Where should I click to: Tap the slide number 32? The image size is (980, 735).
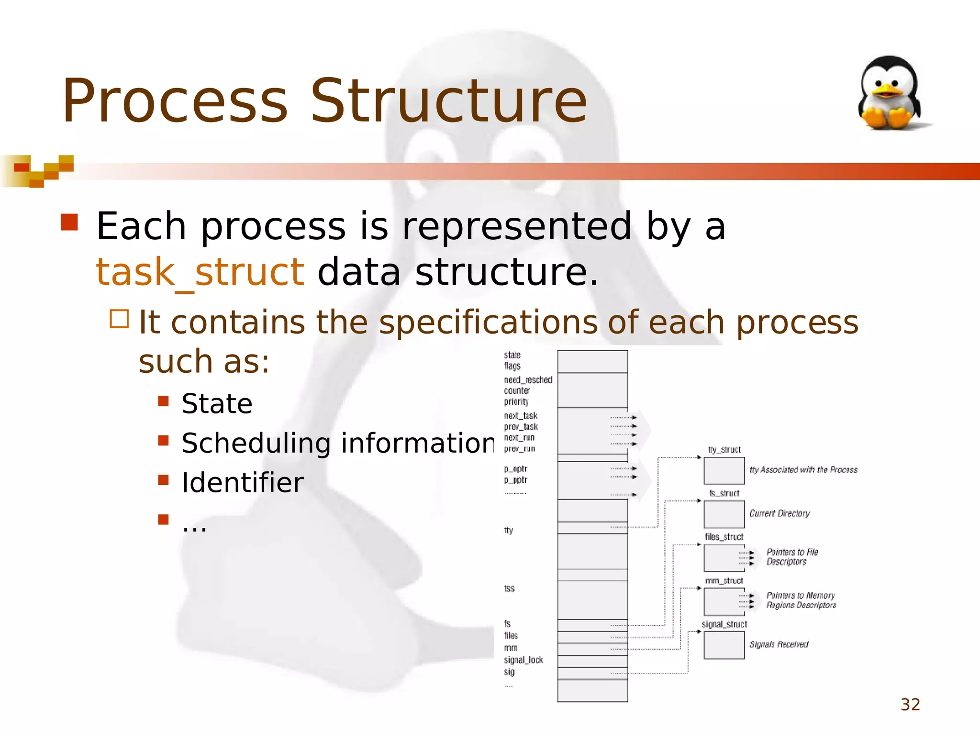tap(910, 704)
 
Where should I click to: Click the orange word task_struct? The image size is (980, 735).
tap(200, 272)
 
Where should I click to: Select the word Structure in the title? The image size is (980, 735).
tap(448, 101)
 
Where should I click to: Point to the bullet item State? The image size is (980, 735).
tap(217, 403)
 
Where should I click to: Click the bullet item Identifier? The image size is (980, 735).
tap(243, 482)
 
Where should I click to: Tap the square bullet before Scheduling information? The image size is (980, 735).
tap(164, 440)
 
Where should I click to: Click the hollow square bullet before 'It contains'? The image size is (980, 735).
tap(120, 319)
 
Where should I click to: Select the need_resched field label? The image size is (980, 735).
tap(528, 380)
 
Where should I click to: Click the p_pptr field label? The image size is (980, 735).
tap(515, 480)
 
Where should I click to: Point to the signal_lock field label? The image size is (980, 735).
tap(523, 660)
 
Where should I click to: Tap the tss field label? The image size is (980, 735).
tap(509, 589)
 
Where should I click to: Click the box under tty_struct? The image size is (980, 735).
tap(724, 471)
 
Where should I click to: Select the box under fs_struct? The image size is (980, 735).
tap(724, 514)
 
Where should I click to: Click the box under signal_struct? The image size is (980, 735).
tap(724, 645)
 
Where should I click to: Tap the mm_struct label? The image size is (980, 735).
tap(724, 581)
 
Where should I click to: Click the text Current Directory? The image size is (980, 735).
tap(780, 513)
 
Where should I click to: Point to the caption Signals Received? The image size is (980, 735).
tap(779, 645)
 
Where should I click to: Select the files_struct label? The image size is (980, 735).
tap(724, 537)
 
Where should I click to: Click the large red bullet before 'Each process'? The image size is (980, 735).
tap(69, 223)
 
